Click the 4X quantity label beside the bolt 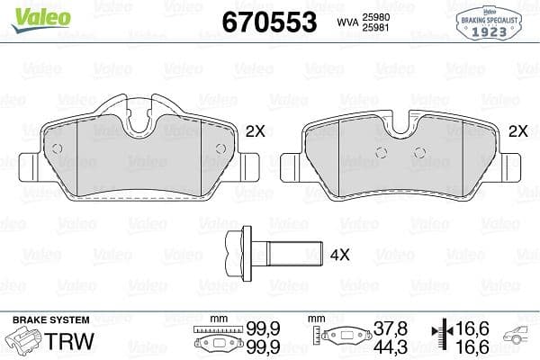339,255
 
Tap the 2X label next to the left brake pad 256,131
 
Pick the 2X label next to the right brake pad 517,131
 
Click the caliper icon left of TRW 24,341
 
